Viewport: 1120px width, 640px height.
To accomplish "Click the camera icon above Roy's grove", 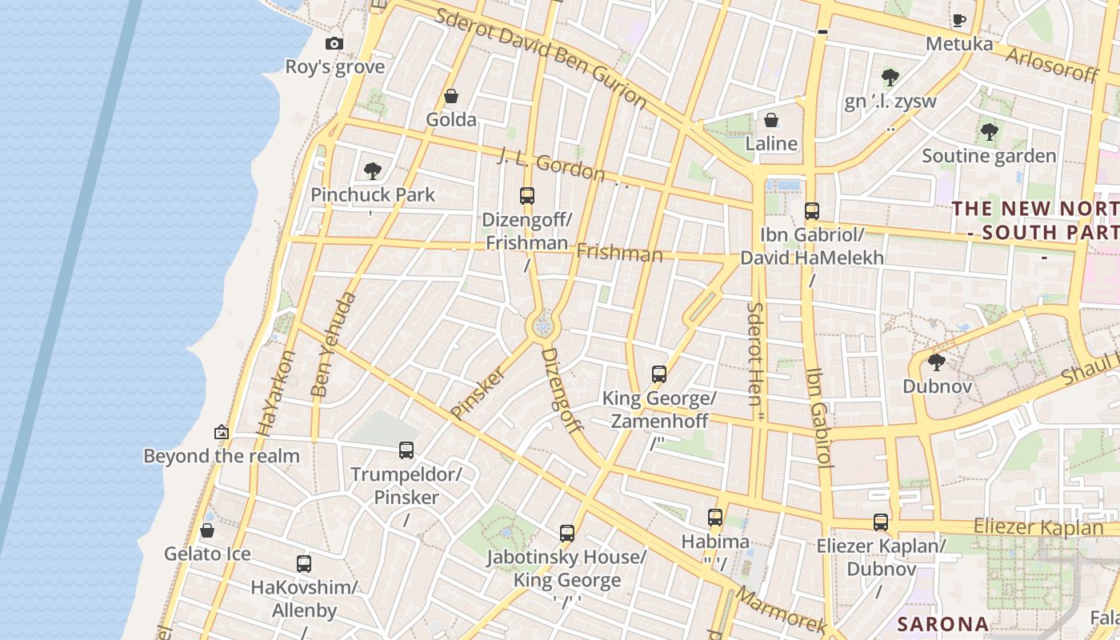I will (334, 44).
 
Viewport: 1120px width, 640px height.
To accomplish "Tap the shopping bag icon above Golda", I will (451, 97).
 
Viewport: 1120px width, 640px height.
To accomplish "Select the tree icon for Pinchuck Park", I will (372, 170).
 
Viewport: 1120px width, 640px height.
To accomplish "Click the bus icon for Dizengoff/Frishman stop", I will (526, 196).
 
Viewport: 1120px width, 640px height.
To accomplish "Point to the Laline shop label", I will (771, 143).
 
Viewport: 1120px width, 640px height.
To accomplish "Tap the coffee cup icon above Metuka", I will (958, 20).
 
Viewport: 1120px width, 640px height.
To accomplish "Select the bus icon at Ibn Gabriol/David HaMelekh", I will (811, 211).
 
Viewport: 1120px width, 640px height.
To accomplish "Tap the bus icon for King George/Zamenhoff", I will (658, 374).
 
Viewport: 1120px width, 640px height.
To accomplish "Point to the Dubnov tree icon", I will (936, 363).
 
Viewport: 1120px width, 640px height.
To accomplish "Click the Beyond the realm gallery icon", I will (222, 433).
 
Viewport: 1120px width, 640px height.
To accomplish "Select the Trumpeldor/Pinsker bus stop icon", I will (406, 450).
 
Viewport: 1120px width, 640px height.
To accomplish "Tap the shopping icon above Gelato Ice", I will (207, 531).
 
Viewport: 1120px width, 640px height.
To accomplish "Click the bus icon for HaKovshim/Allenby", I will (304, 564).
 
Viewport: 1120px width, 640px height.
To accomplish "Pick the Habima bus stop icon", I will (715, 518).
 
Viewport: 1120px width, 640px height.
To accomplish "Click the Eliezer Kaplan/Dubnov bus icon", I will (881, 522).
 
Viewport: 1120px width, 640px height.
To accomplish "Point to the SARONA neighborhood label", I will (942, 624).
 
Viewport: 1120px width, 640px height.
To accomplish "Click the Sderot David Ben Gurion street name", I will (540, 58).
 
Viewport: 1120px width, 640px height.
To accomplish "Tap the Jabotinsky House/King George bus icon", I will (567, 534).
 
